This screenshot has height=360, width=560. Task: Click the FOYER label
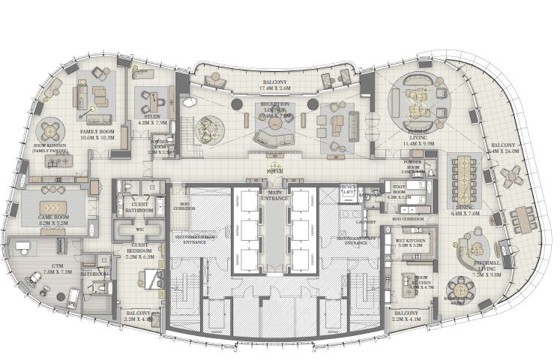(x=274, y=171)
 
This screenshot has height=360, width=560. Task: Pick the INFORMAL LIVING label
(x=488, y=266)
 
